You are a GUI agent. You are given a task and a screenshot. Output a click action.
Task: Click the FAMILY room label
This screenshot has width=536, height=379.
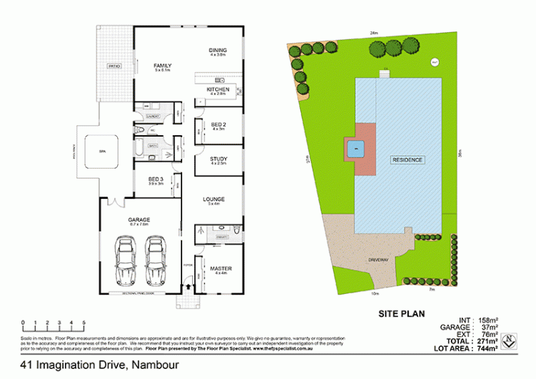162,65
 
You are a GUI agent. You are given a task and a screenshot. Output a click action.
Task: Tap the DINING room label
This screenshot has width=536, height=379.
217,50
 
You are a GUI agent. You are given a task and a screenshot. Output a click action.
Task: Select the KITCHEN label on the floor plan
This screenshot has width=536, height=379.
217,89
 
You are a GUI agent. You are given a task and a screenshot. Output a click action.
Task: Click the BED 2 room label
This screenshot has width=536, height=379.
218,124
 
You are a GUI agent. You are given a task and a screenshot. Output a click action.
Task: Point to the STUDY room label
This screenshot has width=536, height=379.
218,159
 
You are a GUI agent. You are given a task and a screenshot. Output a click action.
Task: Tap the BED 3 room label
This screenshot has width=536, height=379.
157,179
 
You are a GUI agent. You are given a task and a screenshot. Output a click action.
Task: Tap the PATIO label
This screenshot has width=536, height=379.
113,67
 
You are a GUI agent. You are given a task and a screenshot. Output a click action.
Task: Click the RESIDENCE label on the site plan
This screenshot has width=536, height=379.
407,159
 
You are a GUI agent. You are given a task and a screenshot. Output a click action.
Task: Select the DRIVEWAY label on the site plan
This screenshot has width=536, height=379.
378,259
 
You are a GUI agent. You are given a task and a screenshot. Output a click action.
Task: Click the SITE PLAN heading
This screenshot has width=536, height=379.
402,313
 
